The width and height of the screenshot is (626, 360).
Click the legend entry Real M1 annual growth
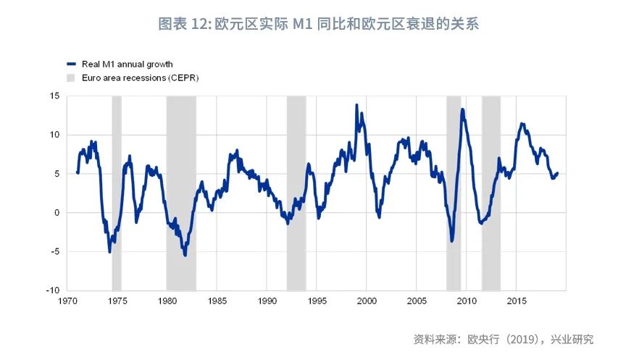(127, 64)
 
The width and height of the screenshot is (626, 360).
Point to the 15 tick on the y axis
(54, 96)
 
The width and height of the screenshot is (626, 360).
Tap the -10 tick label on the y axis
(52, 290)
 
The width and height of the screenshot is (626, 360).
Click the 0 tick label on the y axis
(57, 213)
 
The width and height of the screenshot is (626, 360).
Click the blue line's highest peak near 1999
(356, 105)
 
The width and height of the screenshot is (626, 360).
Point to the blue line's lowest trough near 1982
(185, 255)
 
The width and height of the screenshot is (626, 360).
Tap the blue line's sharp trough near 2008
(452, 241)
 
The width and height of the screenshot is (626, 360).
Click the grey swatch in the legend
(70, 77)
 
